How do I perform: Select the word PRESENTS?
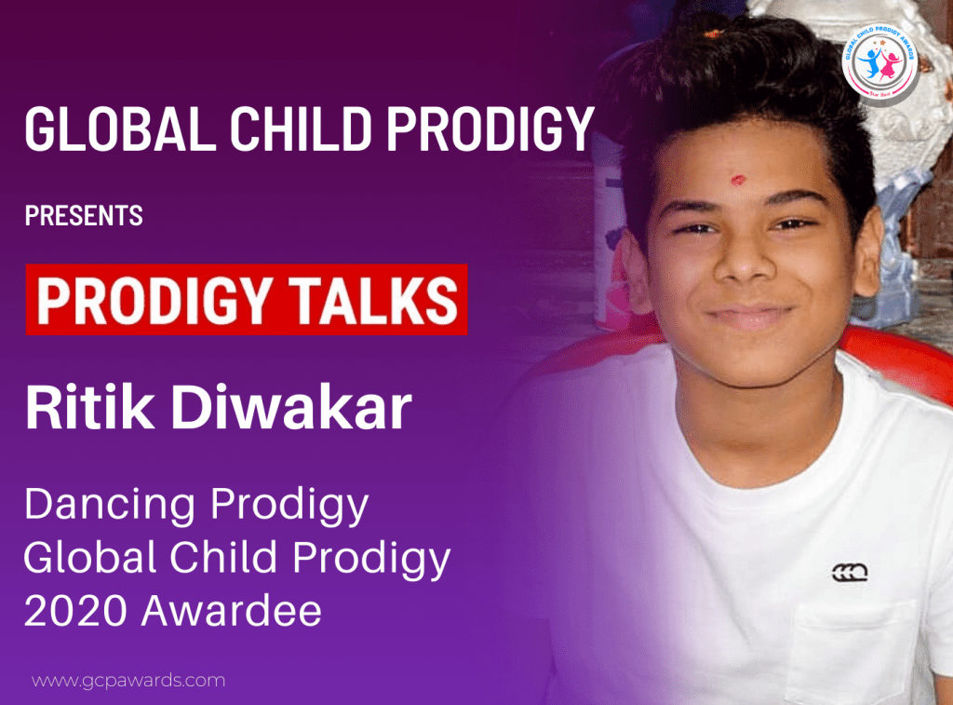tap(84, 217)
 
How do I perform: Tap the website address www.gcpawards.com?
tap(128, 680)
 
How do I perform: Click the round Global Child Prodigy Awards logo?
tap(879, 60)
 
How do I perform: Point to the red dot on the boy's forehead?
tap(737, 178)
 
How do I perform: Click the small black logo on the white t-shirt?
tap(850, 572)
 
